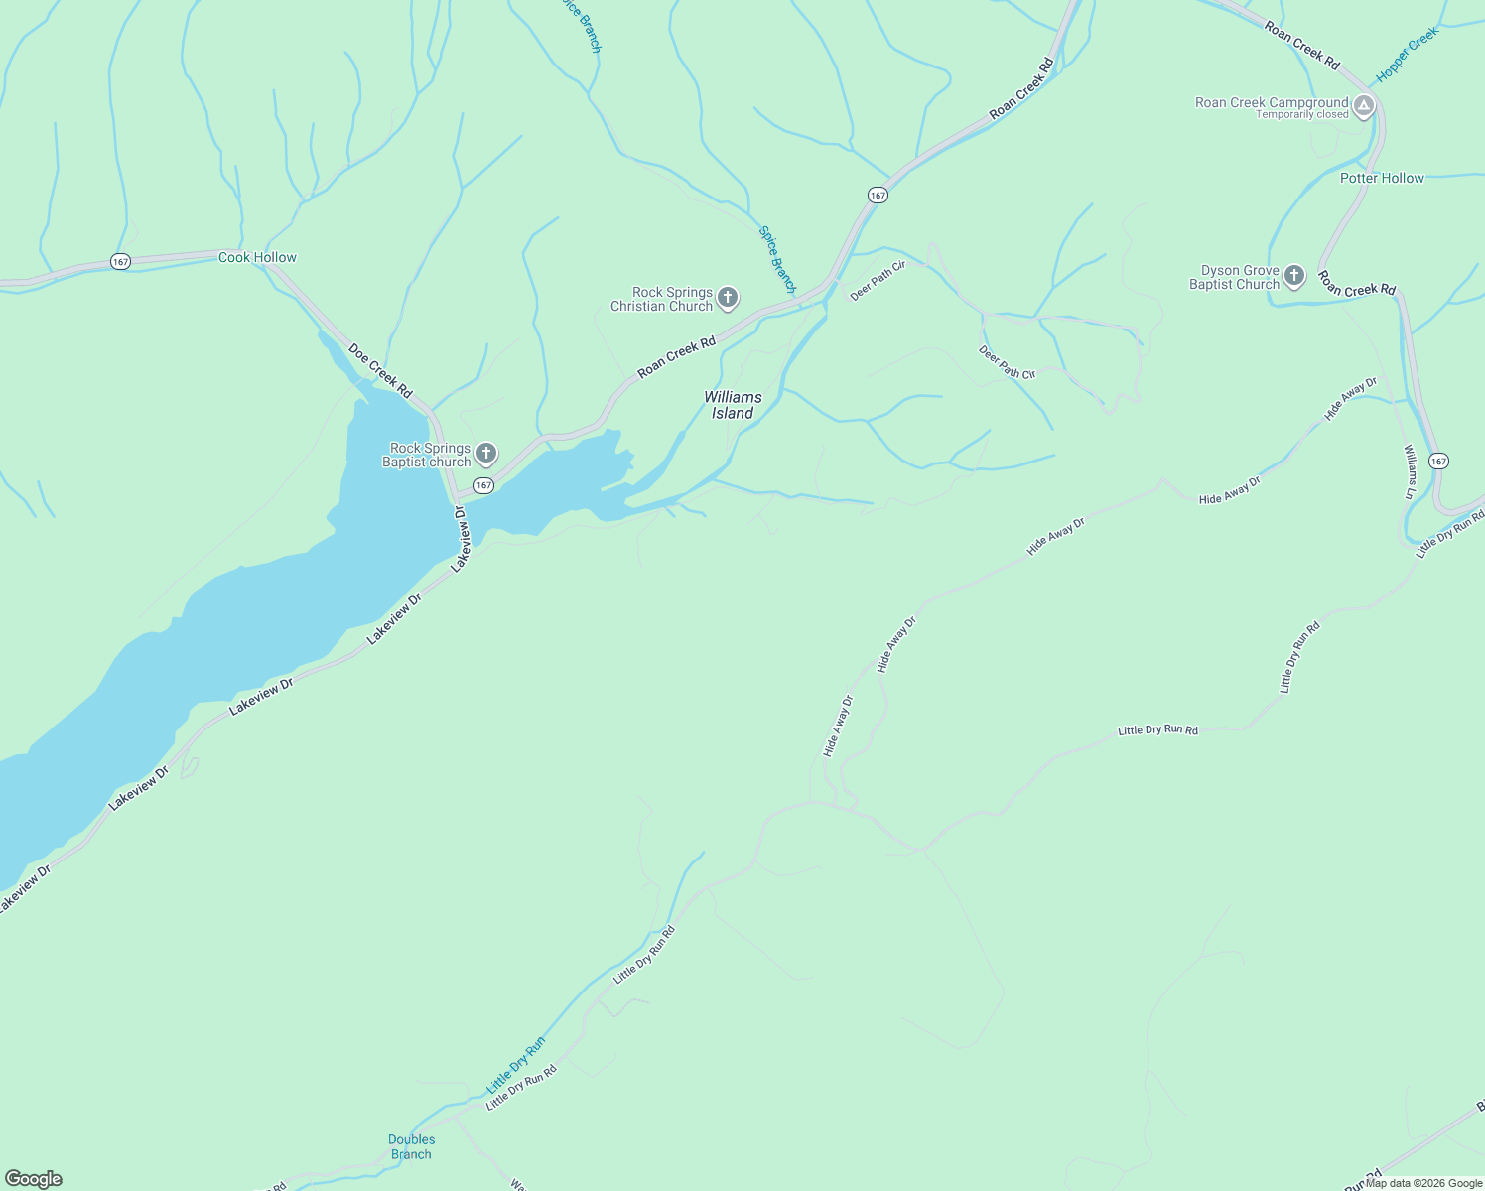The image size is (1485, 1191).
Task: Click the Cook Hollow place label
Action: (x=257, y=257)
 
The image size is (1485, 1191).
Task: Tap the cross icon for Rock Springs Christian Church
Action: (x=728, y=298)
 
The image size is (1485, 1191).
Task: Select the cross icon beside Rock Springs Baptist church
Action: (x=485, y=454)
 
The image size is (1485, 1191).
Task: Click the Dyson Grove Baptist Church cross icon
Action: (x=1293, y=276)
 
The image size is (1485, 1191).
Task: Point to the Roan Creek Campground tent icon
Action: (x=1364, y=105)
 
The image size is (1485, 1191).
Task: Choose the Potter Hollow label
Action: (x=1382, y=178)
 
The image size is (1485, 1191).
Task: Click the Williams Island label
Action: (x=733, y=405)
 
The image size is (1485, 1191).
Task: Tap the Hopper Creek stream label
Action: (x=1407, y=56)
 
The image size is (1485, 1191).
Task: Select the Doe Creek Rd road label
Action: (x=380, y=371)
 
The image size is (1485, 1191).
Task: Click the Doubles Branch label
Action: (x=411, y=1146)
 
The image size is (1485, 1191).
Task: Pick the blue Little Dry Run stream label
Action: (x=516, y=1065)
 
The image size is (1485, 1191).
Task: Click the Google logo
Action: (x=33, y=1178)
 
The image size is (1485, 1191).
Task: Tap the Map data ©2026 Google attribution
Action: (x=1422, y=1182)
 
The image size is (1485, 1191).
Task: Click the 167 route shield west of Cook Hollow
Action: (x=120, y=262)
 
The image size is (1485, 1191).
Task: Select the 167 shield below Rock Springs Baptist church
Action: (x=483, y=485)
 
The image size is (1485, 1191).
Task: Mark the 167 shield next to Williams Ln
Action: (x=1439, y=461)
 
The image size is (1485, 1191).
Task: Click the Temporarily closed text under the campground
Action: (x=1301, y=115)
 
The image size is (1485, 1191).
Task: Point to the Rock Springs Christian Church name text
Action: (x=662, y=299)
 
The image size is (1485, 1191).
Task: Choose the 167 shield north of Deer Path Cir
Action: (x=877, y=196)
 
